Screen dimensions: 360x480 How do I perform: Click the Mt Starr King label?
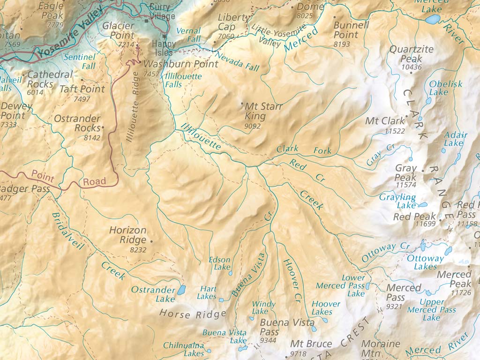263,112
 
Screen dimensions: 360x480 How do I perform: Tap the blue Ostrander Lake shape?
181,290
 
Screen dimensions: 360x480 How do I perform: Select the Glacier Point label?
118,30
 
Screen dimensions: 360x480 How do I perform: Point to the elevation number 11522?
394,131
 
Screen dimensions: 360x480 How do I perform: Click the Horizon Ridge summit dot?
151,241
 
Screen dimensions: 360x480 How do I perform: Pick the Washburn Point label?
181,64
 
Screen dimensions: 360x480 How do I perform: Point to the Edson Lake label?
219,263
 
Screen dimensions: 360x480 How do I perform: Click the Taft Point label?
82,89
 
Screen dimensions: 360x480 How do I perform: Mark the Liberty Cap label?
234,22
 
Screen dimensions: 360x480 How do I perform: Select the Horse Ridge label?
193,314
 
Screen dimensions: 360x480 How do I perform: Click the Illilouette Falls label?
183,80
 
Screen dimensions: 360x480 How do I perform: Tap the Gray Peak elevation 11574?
406,185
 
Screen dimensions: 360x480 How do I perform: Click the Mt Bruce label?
311,344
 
